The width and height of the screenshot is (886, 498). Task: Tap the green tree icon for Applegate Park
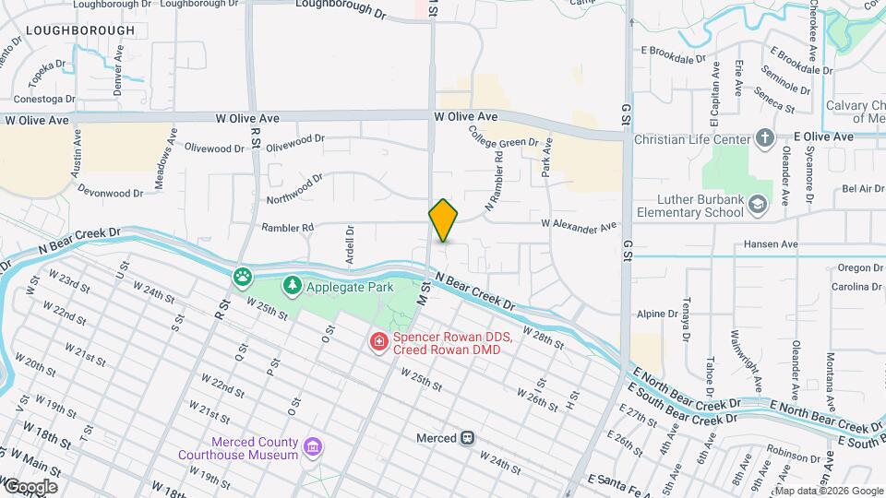pos(293,286)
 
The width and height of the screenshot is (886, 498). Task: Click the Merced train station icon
pos(468,437)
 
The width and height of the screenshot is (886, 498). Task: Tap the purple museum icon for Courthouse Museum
pos(314,447)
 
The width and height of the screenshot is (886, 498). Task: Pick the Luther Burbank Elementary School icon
pos(758,205)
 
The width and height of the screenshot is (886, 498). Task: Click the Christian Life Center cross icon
pos(764,138)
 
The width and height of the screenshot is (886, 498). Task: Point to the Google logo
pos(30,486)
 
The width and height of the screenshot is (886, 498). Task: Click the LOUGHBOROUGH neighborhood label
pos(80,30)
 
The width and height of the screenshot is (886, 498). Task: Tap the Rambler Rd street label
pos(288,227)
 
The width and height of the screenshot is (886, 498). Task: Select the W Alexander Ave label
pos(578,225)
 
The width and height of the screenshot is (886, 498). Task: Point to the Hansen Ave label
pos(771,245)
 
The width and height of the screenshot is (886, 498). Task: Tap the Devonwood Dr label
pos(111,194)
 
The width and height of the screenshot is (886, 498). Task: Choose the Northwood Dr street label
pos(294,187)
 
